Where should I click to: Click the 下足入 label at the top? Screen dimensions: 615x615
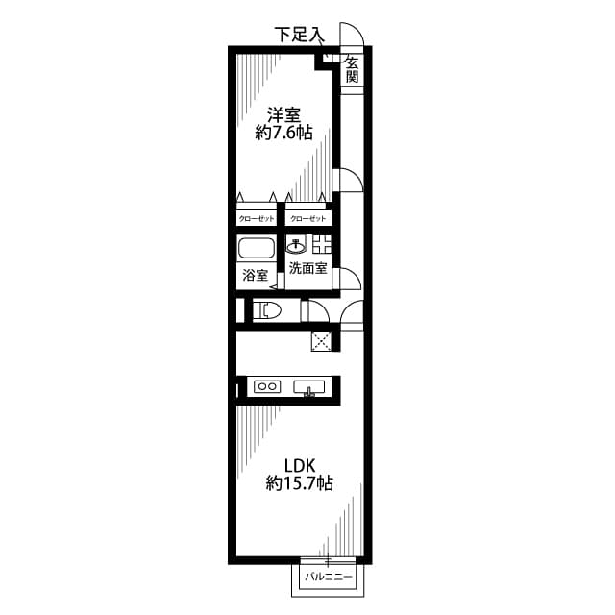click(x=299, y=35)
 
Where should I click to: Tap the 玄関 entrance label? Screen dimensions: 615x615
click(x=353, y=70)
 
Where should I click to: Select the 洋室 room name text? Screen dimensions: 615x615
click(x=283, y=113)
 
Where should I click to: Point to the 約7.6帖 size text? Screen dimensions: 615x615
click(x=283, y=134)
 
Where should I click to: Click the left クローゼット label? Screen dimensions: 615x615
click(x=256, y=219)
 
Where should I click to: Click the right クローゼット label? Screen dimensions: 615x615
click(x=307, y=219)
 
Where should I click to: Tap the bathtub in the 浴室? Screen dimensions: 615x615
click(x=257, y=250)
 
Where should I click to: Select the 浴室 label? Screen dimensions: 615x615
click(x=255, y=277)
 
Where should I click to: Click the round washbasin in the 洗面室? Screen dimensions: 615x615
click(x=296, y=244)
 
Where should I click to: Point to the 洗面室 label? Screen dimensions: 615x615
click(x=308, y=268)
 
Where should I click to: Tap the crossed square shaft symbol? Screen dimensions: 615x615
click(x=322, y=338)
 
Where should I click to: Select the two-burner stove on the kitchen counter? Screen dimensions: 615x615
click(x=266, y=387)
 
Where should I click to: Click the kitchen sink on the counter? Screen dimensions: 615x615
click(x=309, y=387)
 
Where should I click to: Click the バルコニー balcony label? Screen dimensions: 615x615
click(x=329, y=578)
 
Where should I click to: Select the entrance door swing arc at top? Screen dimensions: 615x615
click(x=353, y=36)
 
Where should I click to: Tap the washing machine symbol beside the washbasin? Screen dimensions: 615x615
click(x=321, y=244)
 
